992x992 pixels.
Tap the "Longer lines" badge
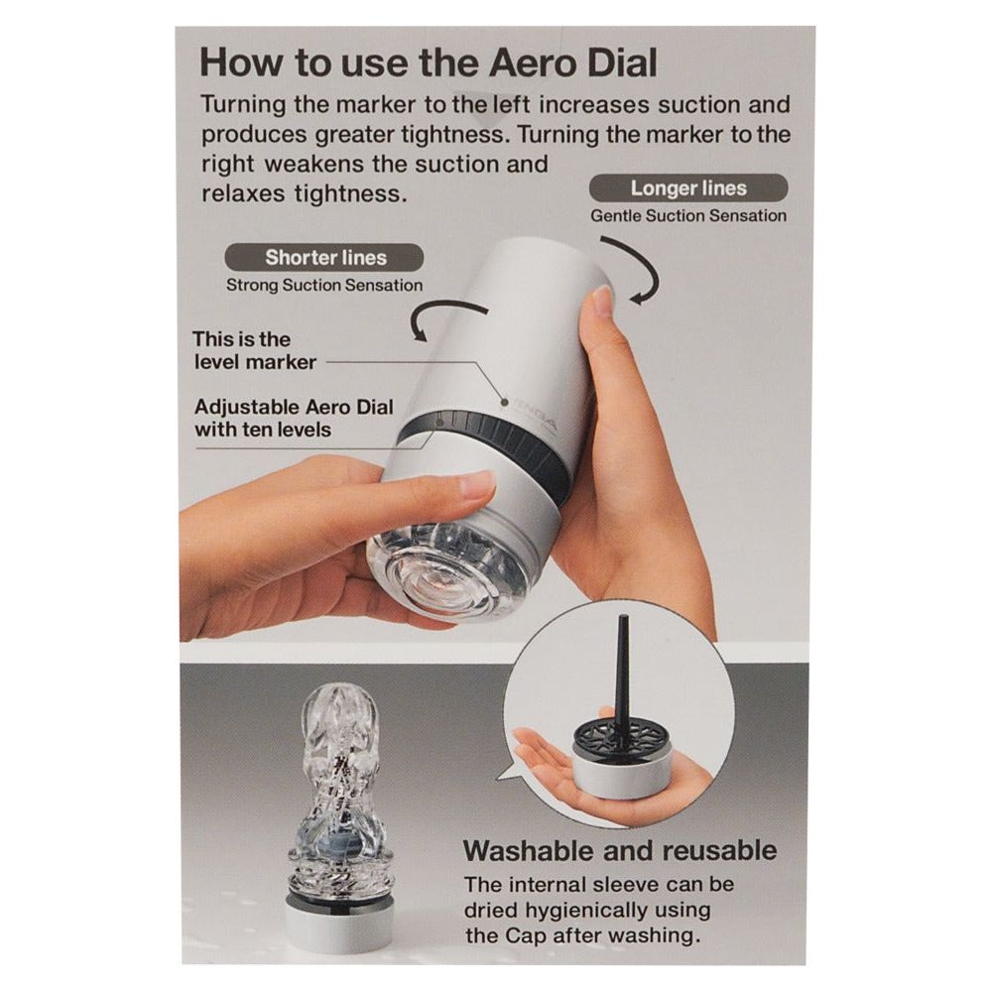(x=688, y=187)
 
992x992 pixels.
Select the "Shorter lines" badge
(x=325, y=258)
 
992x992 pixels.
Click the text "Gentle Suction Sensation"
(x=688, y=215)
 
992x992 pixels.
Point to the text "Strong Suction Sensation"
(x=324, y=286)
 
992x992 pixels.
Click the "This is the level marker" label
(x=254, y=350)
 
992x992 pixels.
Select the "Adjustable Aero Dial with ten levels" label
(x=294, y=419)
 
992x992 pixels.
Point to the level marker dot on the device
(x=505, y=401)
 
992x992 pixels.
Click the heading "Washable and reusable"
(x=620, y=850)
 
